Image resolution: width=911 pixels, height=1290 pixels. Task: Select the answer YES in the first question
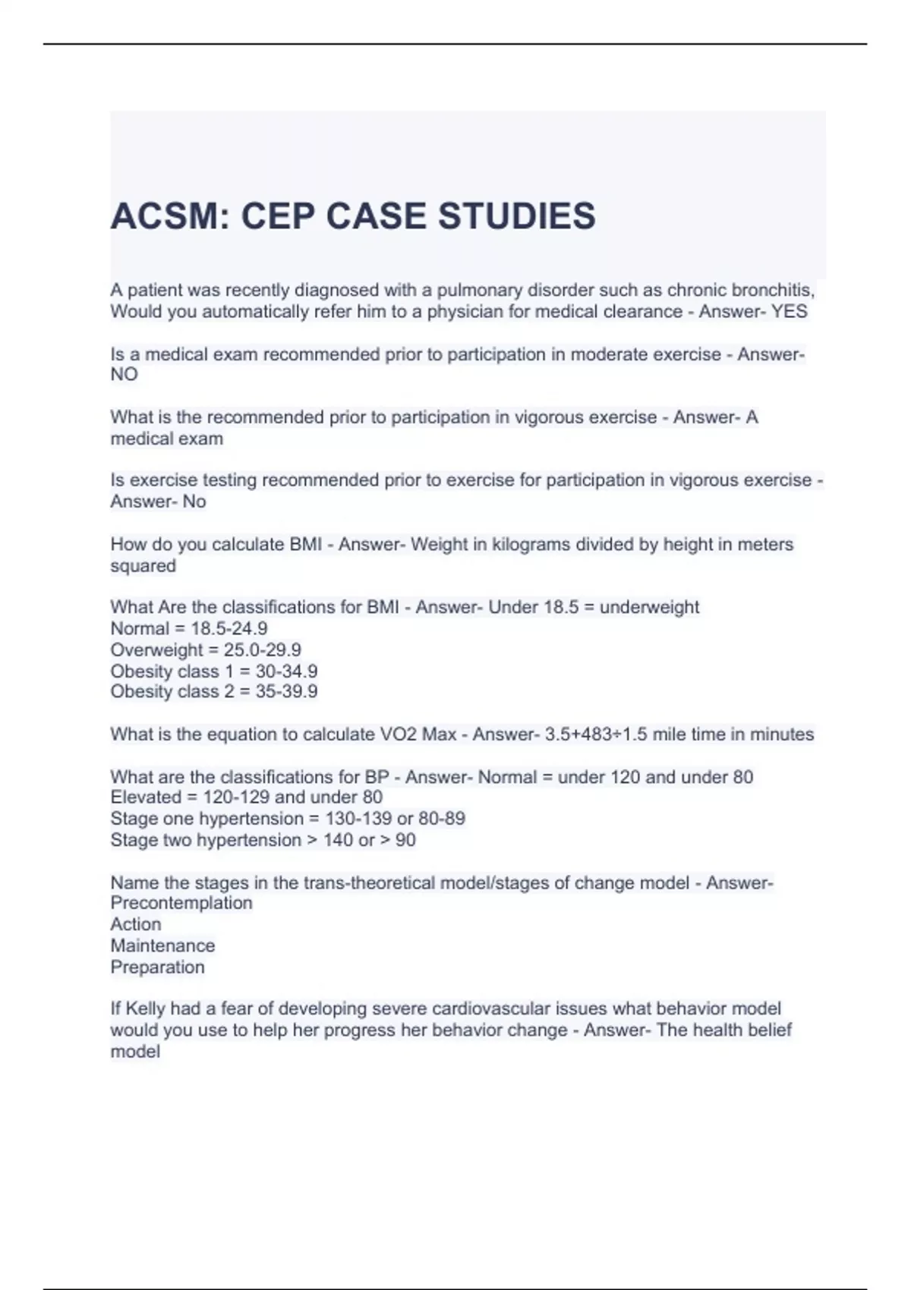pos(789,312)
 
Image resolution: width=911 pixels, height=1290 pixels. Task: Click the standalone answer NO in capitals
pos(124,375)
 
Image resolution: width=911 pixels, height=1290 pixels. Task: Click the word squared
pos(143,566)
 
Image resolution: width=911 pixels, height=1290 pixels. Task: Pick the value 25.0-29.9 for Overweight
pos(262,650)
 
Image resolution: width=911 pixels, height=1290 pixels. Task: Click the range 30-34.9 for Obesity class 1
pos(286,672)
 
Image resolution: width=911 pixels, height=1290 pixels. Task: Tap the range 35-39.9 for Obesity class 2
pos(286,692)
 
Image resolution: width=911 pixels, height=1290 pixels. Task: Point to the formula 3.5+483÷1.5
pos(596,735)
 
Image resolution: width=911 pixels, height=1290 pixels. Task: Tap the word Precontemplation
pos(181,903)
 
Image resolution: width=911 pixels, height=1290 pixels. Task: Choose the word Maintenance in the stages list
pos(162,946)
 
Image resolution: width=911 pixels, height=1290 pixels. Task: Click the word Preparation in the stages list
pos(157,967)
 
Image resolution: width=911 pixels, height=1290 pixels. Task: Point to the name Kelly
pos(145,1009)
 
